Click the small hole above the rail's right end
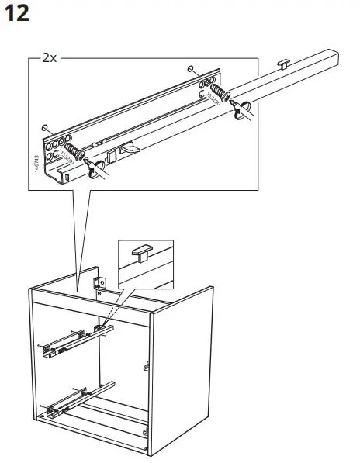(191, 70)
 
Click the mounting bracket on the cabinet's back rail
(99, 284)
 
